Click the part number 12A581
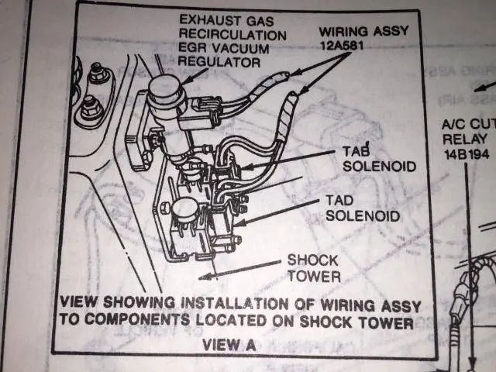click(x=342, y=45)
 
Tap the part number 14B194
click(x=467, y=154)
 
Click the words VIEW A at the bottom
click(x=229, y=344)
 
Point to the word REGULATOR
click(x=219, y=61)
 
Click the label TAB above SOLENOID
click(x=356, y=151)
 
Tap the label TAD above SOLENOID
click(x=339, y=200)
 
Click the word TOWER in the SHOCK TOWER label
click(x=314, y=276)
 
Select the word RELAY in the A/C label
click(x=465, y=139)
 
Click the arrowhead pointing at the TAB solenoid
click(x=247, y=167)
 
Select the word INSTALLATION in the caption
click(x=234, y=304)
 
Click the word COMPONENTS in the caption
click(x=137, y=319)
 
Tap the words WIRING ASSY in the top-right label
click(x=363, y=31)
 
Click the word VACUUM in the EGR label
click(x=240, y=48)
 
